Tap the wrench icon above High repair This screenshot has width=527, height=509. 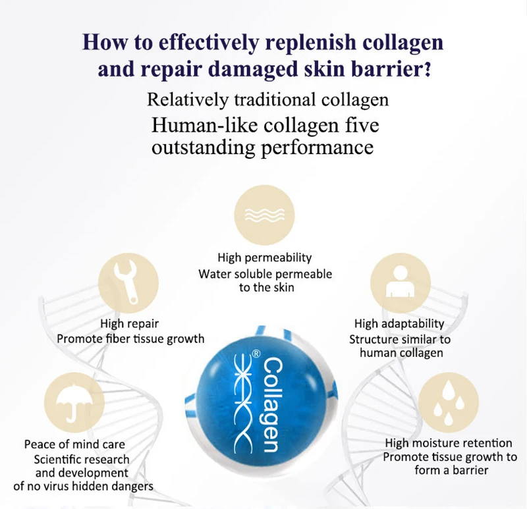pyautogui.click(x=129, y=286)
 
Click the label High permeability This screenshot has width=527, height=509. pyautogui.click(x=265, y=257)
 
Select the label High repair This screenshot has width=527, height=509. pyautogui.click(x=130, y=323)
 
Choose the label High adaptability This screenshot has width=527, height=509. pyautogui.click(x=399, y=324)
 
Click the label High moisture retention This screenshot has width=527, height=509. pyautogui.click(x=449, y=443)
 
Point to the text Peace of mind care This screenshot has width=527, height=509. pyautogui.click(x=74, y=444)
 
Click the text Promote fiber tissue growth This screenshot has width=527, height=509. pyautogui.click(x=130, y=339)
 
